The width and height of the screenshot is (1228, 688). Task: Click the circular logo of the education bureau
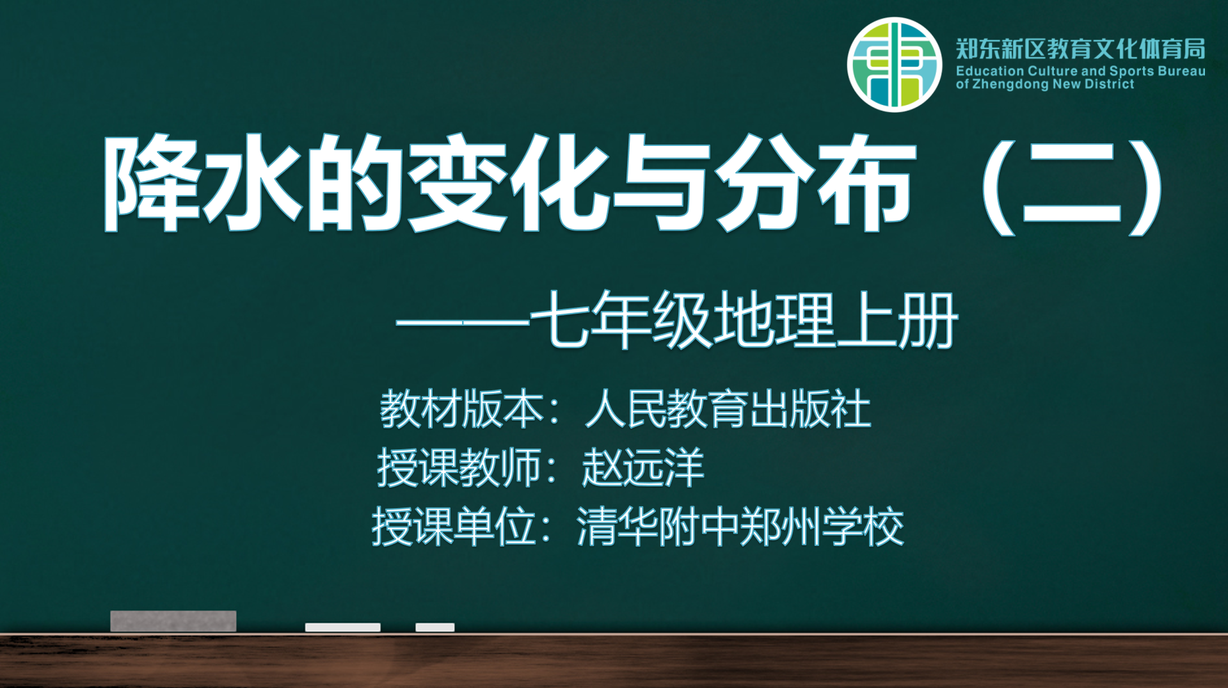(x=894, y=65)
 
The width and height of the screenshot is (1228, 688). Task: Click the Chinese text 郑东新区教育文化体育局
(x=1080, y=49)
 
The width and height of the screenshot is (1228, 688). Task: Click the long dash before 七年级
(x=463, y=323)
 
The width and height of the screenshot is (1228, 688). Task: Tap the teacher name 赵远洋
(x=643, y=467)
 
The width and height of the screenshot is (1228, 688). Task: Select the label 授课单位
(x=454, y=526)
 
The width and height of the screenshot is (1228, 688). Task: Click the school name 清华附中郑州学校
(x=740, y=526)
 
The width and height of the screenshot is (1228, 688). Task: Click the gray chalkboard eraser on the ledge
(x=173, y=621)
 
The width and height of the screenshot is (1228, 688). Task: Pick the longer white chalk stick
(x=343, y=627)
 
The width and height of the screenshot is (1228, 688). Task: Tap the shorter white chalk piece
(x=435, y=627)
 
